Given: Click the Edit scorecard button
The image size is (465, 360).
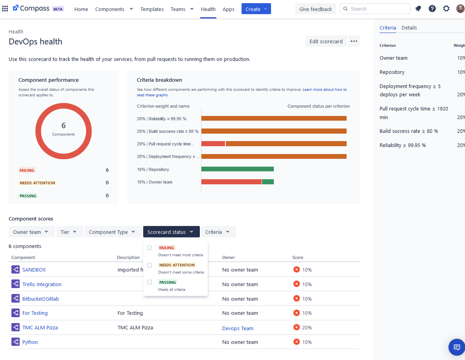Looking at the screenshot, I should [x=326, y=41].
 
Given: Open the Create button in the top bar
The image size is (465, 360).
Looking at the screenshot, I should [x=256, y=9].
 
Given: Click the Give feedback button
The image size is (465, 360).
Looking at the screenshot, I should [x=315, y=9].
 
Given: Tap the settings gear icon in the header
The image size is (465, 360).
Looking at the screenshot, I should [x=446, y=9].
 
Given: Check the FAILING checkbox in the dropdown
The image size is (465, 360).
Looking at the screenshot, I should [x=149, y=248].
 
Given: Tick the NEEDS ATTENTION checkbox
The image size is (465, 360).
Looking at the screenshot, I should [x=149, y=265].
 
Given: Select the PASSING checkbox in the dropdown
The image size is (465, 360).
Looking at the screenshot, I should [x=149, y=282].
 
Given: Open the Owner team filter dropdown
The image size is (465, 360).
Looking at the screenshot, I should [x=31, y=232].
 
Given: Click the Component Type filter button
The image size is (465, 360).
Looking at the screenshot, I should [x=112, y=232].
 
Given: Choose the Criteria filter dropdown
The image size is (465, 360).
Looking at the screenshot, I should [x=218, y=232].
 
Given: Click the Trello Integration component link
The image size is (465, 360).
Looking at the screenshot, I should [x=42, y=284].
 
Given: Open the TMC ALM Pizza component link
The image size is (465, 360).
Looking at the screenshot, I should [x=40, y=327].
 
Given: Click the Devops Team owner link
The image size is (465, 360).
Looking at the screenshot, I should [x=238, y=328].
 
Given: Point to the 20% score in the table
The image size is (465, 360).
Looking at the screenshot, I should [x=307, y=327].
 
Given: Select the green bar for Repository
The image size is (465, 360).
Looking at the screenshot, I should [x=237, y=169].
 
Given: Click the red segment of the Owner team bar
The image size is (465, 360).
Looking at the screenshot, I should [x=231, y=182].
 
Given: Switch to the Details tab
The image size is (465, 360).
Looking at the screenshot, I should [x=409, y=28].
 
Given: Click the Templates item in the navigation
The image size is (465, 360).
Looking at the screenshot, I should [x=152, y=9].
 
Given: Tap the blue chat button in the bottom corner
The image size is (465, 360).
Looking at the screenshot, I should [x=456, y=347].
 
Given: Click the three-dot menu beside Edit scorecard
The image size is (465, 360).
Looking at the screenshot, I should [x=354, y=41].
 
